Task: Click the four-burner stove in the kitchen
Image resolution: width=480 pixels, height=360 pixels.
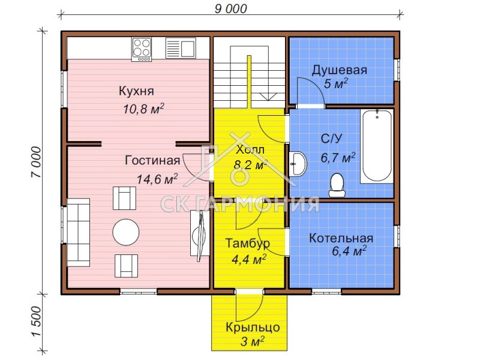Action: pos(142,49)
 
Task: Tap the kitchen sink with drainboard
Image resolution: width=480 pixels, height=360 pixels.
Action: pos(181,48)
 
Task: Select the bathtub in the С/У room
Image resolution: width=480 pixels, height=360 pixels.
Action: pos(377,146)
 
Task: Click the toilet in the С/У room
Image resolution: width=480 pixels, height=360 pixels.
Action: pos(337,185)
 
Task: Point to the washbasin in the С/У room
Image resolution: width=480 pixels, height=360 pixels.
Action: pos(298,164)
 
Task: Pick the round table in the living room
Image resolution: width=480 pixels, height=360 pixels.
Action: pos(126,232)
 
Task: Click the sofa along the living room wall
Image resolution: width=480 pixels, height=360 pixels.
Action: pos(79,232)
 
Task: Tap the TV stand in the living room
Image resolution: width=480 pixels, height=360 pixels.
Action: pos(199,233)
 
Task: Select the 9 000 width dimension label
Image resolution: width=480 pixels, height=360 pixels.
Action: pos(230,8)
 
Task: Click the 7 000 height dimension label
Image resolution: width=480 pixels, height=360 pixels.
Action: pos(36,162)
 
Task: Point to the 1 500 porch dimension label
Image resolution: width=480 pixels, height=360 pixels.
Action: pos(36,321)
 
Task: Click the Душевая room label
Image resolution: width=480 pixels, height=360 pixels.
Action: pos(339,70)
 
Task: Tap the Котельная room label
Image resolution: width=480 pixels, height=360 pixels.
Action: pos(341,238)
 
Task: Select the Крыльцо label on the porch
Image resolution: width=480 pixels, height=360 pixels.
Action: pos(253,328)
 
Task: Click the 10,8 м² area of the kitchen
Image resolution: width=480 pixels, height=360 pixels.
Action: pos(143,109)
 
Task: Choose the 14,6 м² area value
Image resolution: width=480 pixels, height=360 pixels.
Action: pos(157,179)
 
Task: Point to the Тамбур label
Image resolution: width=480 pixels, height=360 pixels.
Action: pos(248,244)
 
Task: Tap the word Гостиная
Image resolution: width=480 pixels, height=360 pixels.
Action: pos(152,160)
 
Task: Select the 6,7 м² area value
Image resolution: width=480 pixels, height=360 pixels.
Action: pos(338,158)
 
